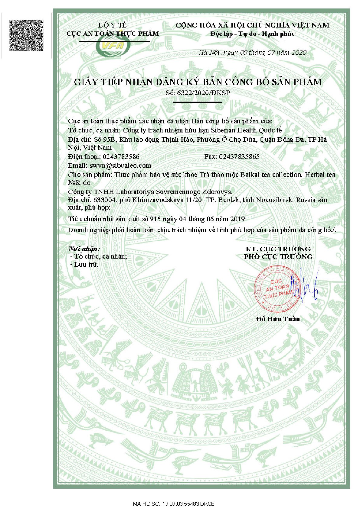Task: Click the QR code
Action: [x=26, y=35]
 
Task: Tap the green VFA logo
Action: [x=113, y=46]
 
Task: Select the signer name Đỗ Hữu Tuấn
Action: [x=278, y=319]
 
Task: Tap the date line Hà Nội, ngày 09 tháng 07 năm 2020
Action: [x=252, y=52]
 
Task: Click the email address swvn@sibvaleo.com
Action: [x=120, y=165]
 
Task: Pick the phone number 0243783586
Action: [x=121, y=157]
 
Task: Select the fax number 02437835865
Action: [x=239, y=157]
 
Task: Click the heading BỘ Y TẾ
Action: [x=113, y=25]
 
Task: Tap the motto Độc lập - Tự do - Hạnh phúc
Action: [x=252, y=34]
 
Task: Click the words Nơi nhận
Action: [x=84, y=249]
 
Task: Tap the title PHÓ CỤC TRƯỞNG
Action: [x=278, y=257]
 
